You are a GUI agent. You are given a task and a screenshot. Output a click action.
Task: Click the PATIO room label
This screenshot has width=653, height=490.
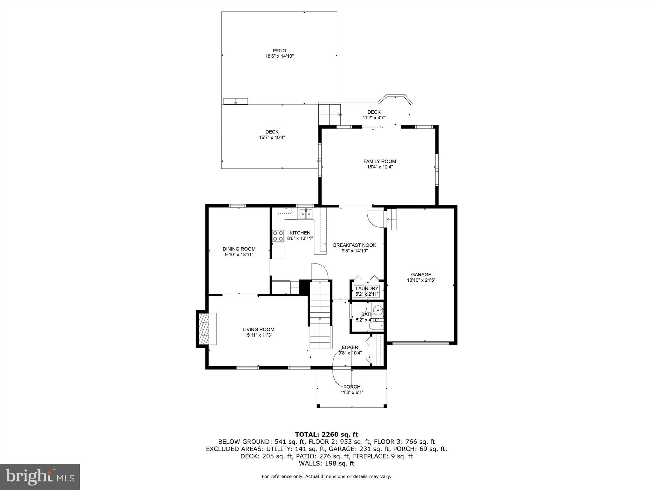click(279, 50)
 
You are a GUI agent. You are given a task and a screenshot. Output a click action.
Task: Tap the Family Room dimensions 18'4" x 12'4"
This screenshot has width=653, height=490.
click(379, 167)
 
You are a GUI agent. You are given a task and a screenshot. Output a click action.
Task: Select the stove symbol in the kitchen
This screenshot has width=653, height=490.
click(278, 236)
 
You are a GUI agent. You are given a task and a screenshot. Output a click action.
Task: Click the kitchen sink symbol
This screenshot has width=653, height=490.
click(306, 214)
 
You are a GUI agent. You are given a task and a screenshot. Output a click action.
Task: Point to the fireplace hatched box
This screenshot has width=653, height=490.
click(204, 329)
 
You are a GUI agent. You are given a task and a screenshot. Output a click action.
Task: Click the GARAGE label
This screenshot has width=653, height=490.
click(421, 274)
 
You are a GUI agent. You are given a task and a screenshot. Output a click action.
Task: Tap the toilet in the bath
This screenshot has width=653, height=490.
click(375, 326)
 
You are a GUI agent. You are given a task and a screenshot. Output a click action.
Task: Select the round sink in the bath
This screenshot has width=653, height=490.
click(378, 309)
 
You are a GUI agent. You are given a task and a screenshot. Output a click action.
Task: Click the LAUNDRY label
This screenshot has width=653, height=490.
click(367, 288)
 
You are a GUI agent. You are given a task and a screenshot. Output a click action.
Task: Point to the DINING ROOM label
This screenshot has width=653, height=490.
click(239, 249)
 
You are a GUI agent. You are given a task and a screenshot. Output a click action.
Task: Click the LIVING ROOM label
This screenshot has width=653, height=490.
click(258, 330)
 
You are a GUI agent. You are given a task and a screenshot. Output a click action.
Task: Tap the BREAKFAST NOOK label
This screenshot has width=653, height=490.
click(355, 245)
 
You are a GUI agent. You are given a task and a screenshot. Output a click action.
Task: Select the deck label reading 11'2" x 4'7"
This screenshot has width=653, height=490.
click(374, 117)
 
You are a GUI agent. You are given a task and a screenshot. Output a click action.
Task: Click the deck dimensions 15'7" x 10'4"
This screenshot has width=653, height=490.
click(272, 137)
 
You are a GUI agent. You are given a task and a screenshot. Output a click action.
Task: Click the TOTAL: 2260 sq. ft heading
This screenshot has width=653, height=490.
click(326, 434)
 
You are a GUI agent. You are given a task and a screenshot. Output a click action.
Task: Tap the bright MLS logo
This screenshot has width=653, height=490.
click(40, 477)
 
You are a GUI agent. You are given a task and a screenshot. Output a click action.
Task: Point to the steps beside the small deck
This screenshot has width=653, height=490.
click(329, 115)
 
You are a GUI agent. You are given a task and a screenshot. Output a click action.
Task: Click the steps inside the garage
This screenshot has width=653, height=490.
click(392, 219)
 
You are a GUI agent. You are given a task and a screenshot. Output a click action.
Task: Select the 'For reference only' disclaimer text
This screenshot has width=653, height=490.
click(326, 476)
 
